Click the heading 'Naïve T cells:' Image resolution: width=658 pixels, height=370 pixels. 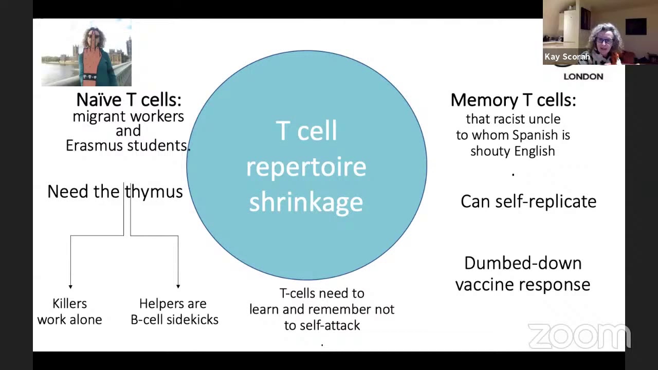129,100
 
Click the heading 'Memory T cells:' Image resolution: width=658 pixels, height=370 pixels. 513,100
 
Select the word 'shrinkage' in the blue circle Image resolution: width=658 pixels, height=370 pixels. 306,202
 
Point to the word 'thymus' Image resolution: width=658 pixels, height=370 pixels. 154,192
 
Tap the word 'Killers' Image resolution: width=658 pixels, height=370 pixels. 69,304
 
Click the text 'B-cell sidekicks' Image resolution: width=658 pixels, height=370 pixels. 174,320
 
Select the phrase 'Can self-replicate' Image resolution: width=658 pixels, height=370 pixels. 528,201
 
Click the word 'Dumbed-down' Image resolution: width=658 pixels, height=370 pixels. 523,263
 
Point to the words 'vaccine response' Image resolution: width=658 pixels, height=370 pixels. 523,285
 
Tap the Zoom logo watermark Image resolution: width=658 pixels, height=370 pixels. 579,336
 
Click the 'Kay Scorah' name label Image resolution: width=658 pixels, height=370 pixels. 567,57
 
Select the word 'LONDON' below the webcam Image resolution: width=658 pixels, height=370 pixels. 583,77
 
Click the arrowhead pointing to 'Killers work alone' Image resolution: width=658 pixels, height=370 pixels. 70,286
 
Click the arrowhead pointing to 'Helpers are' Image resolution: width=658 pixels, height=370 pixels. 178,286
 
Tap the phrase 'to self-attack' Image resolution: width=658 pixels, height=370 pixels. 322,326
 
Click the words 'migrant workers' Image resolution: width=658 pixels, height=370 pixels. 128,117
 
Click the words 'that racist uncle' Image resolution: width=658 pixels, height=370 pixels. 513,119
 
